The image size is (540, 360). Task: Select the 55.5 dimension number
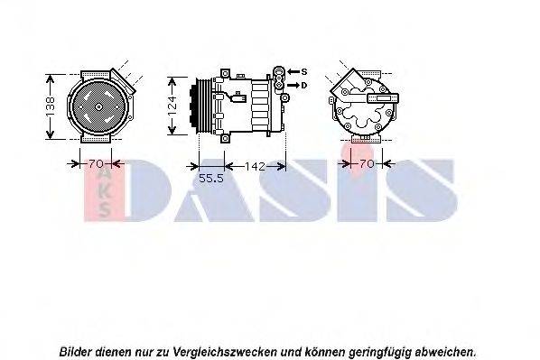tap(210, 178)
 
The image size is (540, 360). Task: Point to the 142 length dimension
tap(255, 165)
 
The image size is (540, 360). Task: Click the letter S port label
tap(304, 71)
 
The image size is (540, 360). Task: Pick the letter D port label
tap(304, 85)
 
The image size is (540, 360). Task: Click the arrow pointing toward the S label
tap(293, 71)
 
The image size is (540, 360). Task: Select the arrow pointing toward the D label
tap(293, 85)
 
